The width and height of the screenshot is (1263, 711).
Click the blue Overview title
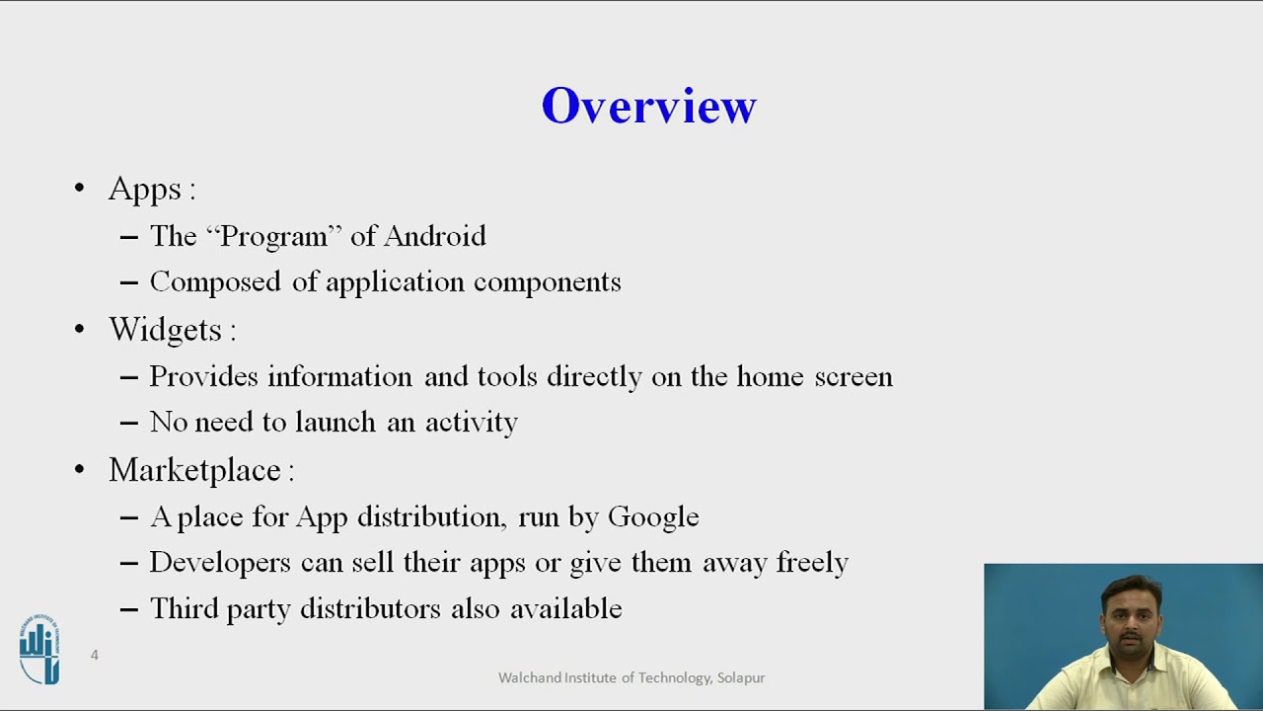pos(648,106)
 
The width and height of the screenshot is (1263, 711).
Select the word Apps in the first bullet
pos(145,190)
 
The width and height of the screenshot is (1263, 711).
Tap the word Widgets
pos(165,330)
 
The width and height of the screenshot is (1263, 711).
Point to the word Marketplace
pos(194,470)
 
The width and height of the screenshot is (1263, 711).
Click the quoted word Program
pos(273,237)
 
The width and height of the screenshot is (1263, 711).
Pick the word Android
pos(434,236)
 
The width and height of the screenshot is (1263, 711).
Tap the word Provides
pos(204,377)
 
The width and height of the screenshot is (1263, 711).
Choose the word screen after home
pos(853,377)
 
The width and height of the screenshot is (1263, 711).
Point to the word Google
pos(653,517)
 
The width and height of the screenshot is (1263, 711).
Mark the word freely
pos(812,563)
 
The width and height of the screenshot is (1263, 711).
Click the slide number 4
pos(95,655)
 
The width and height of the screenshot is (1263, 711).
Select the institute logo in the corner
pos(39,649)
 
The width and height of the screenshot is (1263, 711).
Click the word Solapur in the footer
pos(741,677)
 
